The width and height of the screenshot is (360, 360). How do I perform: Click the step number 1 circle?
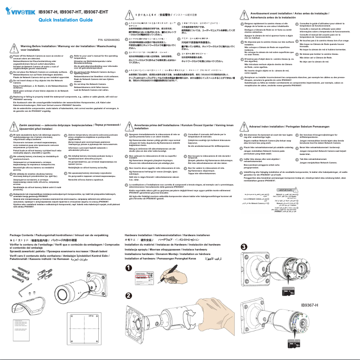(x=128, y=268)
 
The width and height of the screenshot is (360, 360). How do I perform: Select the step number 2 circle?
(x=128, y=294)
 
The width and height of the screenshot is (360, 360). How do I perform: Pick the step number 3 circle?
(x=244, y=247)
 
